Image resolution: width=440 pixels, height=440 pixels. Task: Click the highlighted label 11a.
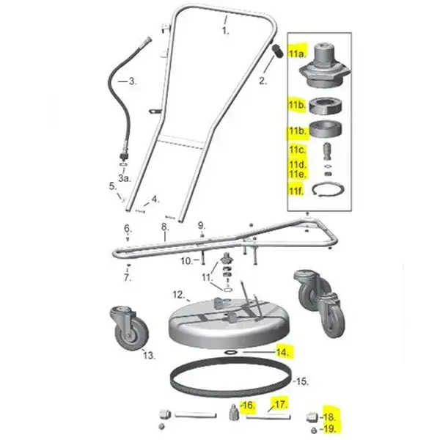(x=297, y=53)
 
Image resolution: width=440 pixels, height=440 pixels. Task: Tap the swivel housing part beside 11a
(x=325, y=65)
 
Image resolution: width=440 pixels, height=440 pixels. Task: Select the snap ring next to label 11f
(x=328, y=190)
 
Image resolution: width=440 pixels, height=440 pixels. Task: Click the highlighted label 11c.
(x=298, y=150)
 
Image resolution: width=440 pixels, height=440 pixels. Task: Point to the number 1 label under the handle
(x=225, y=31)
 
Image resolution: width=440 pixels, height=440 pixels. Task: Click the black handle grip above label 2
(x=278, y=51)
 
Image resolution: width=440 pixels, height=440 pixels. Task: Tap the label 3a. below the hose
(x=125, y=177)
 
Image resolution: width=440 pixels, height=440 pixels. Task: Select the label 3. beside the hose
(x=133, y=81)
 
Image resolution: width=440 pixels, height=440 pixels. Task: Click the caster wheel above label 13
(x=128, y=328)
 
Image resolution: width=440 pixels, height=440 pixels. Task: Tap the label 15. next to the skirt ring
(x=302, y=381)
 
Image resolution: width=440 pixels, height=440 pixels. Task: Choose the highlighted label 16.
(x=249, y=406)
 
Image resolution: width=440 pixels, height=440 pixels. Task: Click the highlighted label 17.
(x=282, y=404)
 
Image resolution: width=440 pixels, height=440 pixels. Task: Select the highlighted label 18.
(x=329, y=417)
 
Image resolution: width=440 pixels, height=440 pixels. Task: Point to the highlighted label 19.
(x=329, y=428)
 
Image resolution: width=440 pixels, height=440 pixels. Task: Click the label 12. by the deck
(x=179, y=296)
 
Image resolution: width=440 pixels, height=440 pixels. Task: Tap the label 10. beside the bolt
(x=186, y=261)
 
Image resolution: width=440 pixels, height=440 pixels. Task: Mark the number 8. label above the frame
(x=165, y=227)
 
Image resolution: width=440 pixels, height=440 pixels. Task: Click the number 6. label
(x=128, y=228)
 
